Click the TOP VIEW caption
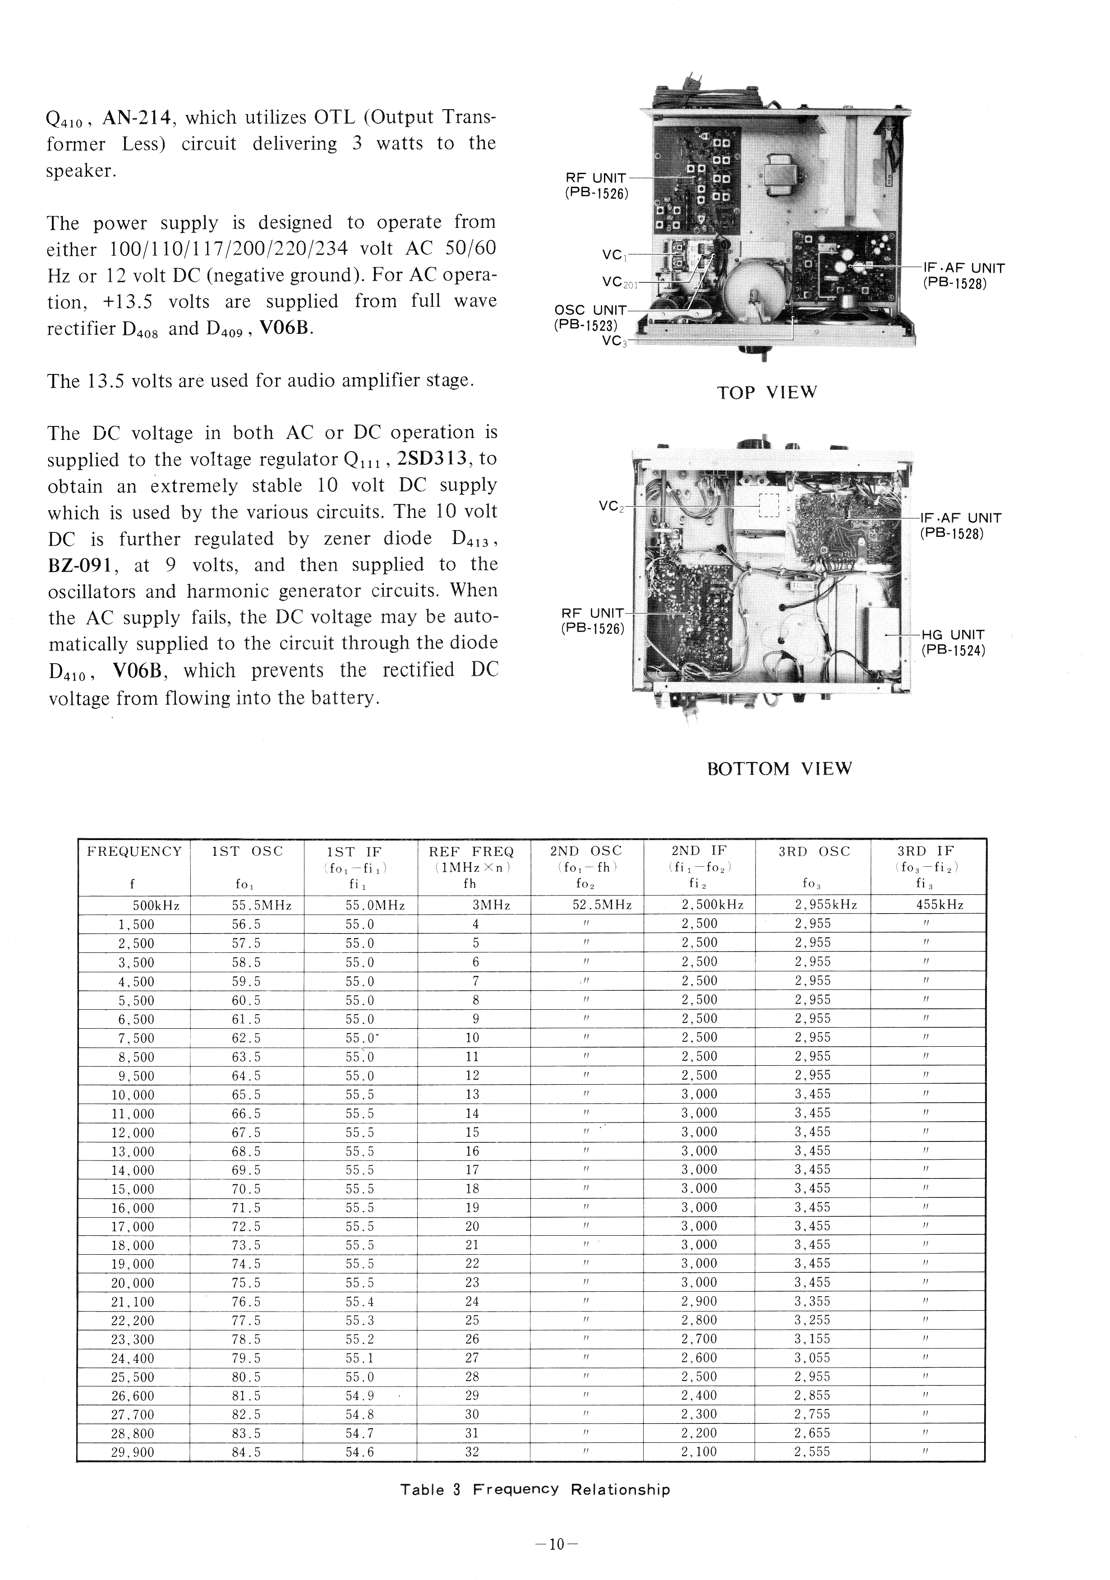(767, 393)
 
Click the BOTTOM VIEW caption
(780, 769)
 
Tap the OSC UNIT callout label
(590, 317)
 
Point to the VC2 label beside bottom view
(610, 507)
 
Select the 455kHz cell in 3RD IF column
(930, 905)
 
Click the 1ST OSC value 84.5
(246, 1452)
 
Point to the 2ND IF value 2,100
(699, 1452)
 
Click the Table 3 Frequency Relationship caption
(534, 1490)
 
